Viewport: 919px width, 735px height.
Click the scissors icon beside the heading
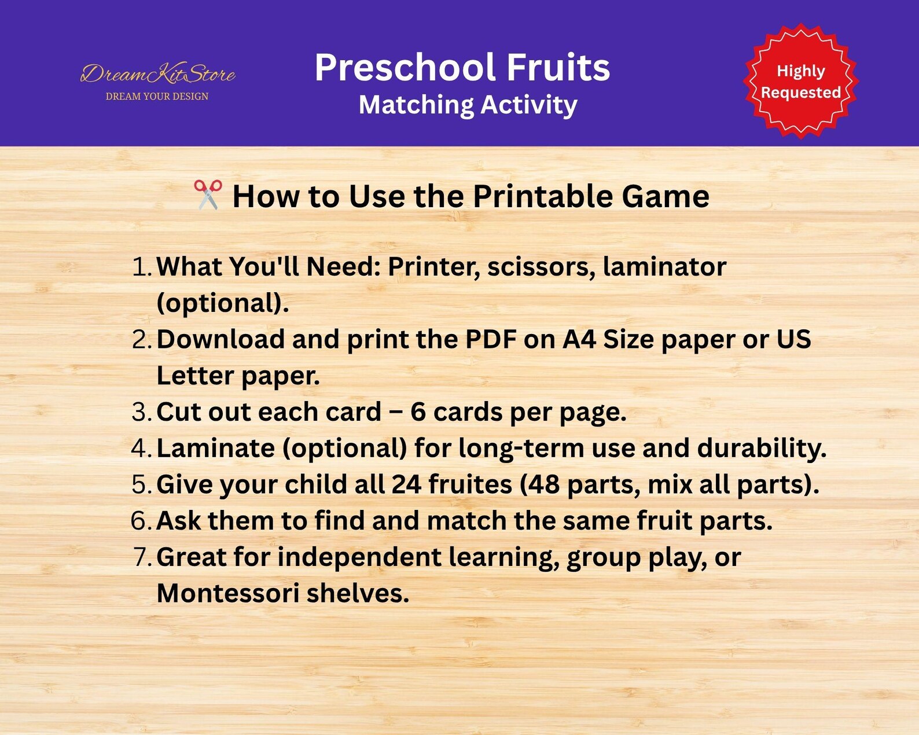pyautogui.click(x=208, y=194)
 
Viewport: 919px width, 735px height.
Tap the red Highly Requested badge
pyautogui.click(x=800, y=82)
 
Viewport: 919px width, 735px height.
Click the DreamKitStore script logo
pyautogui.click(x=157, y=73)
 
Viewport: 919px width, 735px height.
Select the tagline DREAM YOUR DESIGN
pyautogui.click(x=157, y=97)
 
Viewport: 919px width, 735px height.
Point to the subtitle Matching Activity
pyautogui.click(x=468, y=105)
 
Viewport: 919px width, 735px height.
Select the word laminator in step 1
pyautogui.click(x=664, y=267)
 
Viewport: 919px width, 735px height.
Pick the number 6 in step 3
pyautogui.click(x=418, y=412)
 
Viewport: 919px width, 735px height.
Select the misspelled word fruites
pyautogui.click(x=470, y=484)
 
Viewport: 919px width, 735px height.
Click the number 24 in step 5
pyautogui.click(x=406, y=484)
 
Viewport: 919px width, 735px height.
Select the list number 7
pyautogui.click(x=141, y=557)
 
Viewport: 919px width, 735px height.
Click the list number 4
pyautogui.click(x=141, y=449)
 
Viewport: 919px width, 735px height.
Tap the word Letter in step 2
pyautogui.click(x=195, y=376)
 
